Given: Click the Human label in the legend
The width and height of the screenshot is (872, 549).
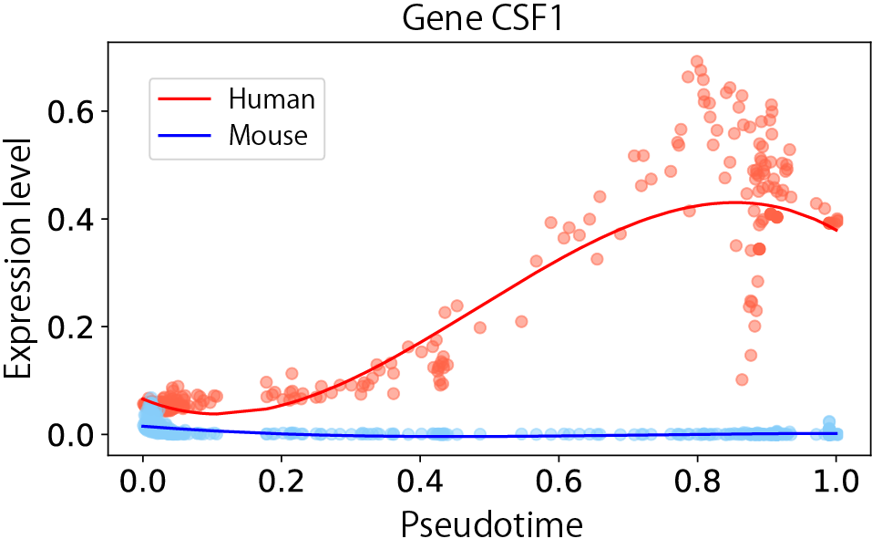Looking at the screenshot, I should [272, 98].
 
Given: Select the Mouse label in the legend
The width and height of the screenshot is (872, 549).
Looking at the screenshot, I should [268, 136].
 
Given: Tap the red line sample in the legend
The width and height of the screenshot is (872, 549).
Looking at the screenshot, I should [188, 98].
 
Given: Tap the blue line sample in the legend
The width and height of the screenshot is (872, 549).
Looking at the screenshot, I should [188, 136].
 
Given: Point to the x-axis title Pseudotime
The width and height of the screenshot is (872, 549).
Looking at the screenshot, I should [489, 524].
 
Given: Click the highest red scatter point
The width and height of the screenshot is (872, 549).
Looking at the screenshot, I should [697, 62].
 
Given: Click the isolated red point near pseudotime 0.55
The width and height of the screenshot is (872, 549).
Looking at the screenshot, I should [521, 321].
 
